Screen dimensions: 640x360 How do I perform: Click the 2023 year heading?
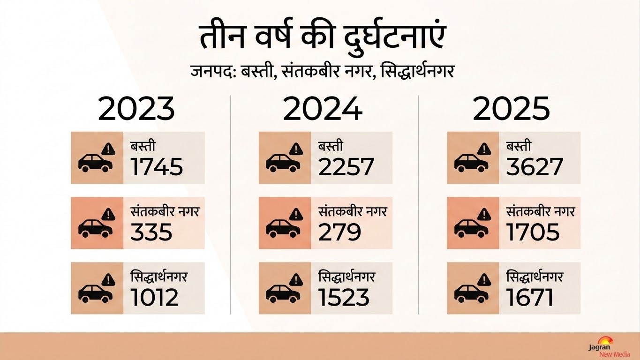(x=136, y=109)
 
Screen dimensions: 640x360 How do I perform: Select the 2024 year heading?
(x=323, y=109)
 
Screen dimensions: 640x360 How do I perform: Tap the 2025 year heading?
(x=511, y=109)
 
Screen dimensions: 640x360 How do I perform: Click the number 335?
(x=151, y=232)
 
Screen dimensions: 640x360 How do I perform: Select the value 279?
(x=339, y=232)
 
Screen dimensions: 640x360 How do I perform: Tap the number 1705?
(x=533, y=232)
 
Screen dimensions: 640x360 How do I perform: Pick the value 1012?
(x=155, y=297)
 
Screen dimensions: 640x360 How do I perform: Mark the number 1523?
(x=344, y=297)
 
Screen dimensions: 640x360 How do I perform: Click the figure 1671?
(x=529, y=297)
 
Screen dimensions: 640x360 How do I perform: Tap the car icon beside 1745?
(x=95, y=163)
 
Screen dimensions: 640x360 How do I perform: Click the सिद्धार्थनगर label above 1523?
(x=346, y=277)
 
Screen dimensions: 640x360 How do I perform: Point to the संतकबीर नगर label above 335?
(x=165, y=212)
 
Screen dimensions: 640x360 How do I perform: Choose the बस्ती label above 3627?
(x=519, y=146)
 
